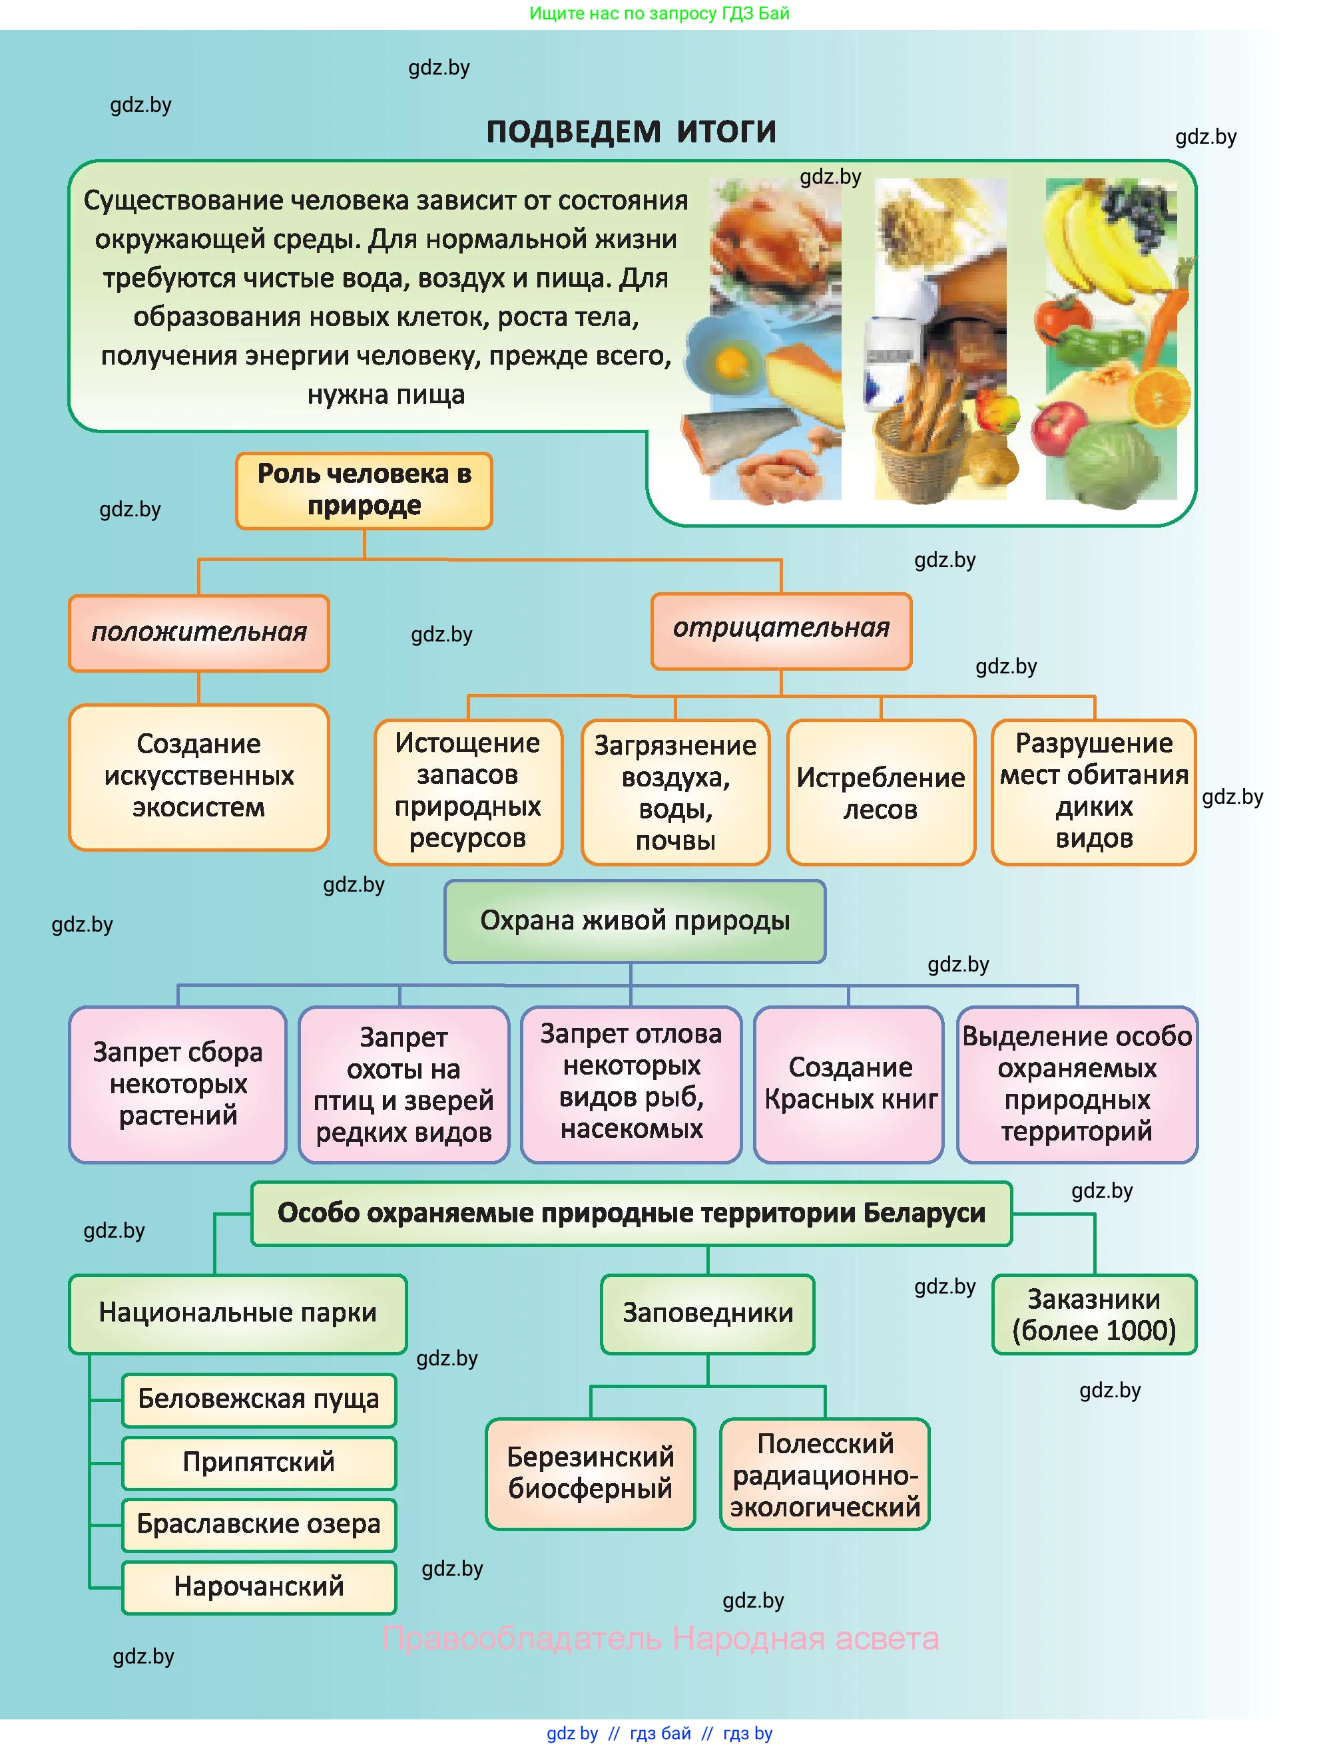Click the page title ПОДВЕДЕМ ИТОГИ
click(x=631, y=131)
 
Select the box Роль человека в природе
click(x=364, y=490)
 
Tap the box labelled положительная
click(x=198, y=633)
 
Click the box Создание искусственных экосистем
click(x=198, y=776)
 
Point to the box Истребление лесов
click(x=880, y=792)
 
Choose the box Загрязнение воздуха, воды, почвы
click(x=675, y=792)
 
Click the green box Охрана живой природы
click(x=635, y=921)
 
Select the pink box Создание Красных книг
click(x=850, y=1084)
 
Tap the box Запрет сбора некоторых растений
click(x=178, y=1084)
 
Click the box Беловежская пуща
click(x=259, y=1399)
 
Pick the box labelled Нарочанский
click(x=259, y=1587)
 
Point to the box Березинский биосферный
click(x=591, y=1473)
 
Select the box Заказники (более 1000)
click(x=1094, y=1315)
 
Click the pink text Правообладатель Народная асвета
click(x=660, y=1638)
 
